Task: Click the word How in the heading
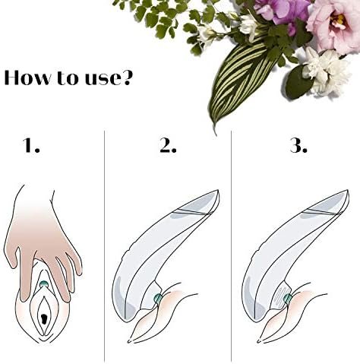[x=30, y=78]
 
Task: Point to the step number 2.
[x=168, y=146]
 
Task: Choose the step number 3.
[x=298, y=146]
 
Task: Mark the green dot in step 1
[x=44, y=286]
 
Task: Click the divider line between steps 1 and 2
[x=104, y=243]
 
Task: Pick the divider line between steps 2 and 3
[x=232, y=243]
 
